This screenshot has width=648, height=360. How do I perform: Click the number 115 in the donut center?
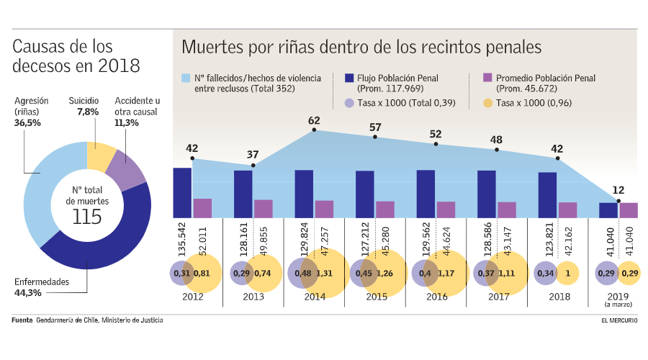pyautogui.click(x=87, y=217)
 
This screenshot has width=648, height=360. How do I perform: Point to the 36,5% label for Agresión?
pyautogui.click(x=27, y=123)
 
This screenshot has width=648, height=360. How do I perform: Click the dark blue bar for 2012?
pyautogui.click(x=182, y=192)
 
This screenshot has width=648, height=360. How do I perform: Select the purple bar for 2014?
pyautogui.click(x=324, y=209)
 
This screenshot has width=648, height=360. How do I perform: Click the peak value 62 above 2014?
pyautogui.click(x=314, y=121)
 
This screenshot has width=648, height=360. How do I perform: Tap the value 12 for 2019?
pyautogui.click(x=618, y=190)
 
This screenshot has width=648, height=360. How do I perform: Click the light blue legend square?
pyautogui.click(x=186, y=78)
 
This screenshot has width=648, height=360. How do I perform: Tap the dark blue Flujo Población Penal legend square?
pyautogui.click(x=349, y=78)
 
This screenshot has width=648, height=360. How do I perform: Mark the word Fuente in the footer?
pyautogui.click(x=22, y=320)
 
